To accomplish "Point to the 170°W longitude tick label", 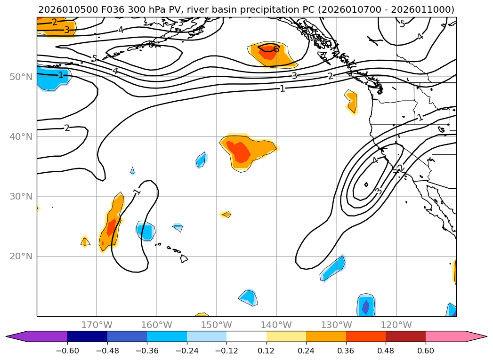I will click(97, 325).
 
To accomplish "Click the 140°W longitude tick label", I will click(276, 325).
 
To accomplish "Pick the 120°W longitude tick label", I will click(396, 325).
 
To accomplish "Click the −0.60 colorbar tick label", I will click(67, 351).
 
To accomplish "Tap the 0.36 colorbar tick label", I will click(346, 351).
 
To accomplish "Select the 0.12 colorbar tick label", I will click(267, 351).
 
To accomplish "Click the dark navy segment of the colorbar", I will click(87, 336).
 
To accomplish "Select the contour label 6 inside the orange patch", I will click(276, 49).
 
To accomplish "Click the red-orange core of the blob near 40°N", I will click(242, 152).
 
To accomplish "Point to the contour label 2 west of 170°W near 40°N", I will click(67, 128).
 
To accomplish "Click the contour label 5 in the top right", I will click(402, 24).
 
